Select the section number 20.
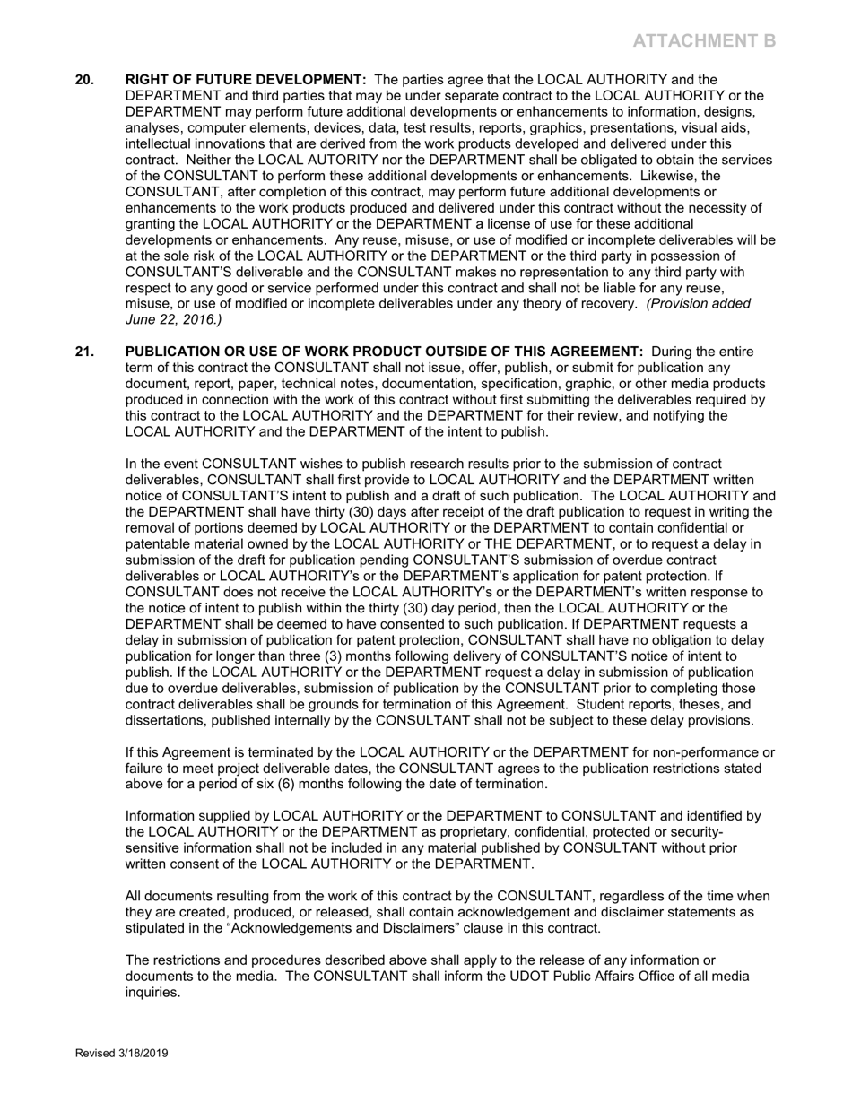pos(84,80)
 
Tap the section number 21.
pos(84,352)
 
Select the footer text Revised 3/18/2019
pos(121,1054)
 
